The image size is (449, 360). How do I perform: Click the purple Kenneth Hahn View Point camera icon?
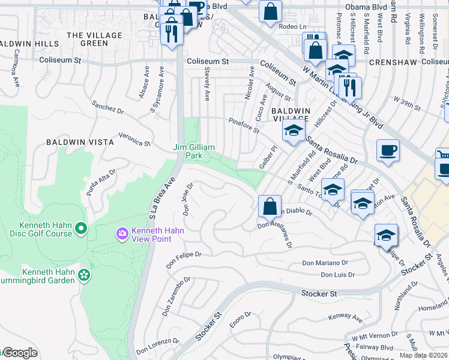point(122,233)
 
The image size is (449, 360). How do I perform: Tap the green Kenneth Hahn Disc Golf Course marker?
point(82,228)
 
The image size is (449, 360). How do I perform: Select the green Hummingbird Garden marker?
point(85,275)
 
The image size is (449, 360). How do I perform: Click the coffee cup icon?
point(388,151)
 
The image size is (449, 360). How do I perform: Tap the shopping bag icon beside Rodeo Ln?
point(270,11)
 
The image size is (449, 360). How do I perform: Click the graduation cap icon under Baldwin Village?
point(294,130)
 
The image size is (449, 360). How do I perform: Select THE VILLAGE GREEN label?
point(95,39)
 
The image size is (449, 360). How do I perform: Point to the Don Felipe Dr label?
point(184,258)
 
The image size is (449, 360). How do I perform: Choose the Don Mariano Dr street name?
point(325,263)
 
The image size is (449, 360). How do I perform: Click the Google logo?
point(20,353)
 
